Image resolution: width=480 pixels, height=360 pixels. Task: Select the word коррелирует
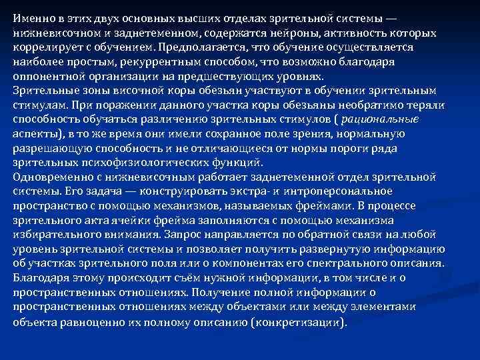pos(44,47)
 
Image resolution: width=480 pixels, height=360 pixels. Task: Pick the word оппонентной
pos(45,75)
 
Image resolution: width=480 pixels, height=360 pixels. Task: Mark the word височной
pos(150,90)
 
